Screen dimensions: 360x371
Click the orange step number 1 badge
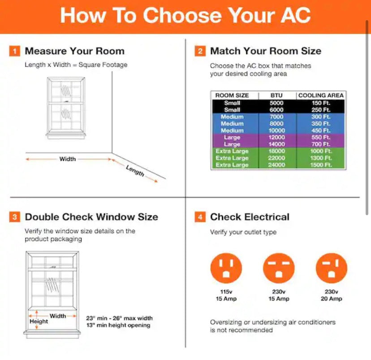pyautogui.click(x=15, y=51)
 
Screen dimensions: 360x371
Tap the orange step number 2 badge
pyautogui.click(x=200, y=51)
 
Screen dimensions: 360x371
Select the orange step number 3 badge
pyautogui.click(x=15, y=217)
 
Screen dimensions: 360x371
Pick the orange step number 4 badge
pyautogui.click(x=200, y=217)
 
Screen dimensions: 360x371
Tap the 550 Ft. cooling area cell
pyautogui.click(x=321, y=137)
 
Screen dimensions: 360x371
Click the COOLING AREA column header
pyautogui.click(x=321, y=95)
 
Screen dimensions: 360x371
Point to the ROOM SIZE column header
pyautogui.click(x=232, y=95)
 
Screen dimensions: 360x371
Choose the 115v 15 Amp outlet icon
pyautogui.click(x=226, y=268)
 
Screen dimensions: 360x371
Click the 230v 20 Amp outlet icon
pyautogui.click(x=331, y=268)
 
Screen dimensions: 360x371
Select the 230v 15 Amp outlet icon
pyautogui.click(x=279, y=268)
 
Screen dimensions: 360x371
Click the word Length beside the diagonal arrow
pyautogui.click(x=135, y=170)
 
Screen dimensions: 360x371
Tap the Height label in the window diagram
pyautogui.click(x=39, y=321)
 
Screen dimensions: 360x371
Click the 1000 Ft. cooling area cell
pyautogui.click(x=321, y=151)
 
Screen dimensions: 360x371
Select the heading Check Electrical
pyautogui.click(x=250, y=217)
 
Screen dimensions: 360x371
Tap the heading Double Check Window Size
pyautogui.click(x=91, y=217)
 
